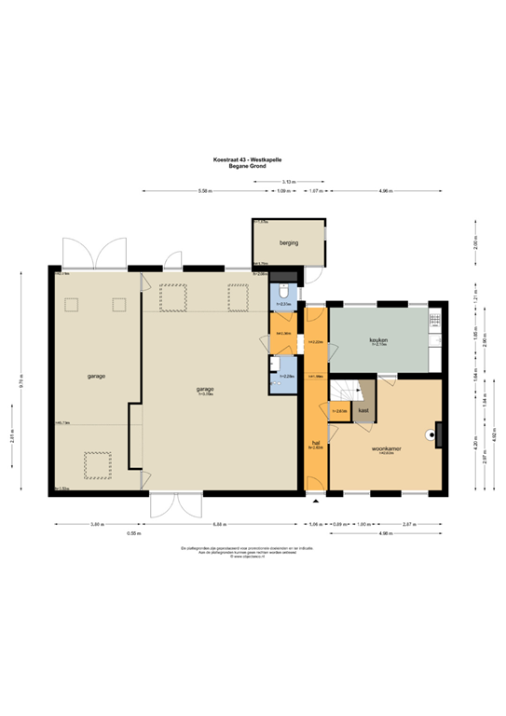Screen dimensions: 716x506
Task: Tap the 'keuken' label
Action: [377, 340]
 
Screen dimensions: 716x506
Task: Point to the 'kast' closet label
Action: [362, 409]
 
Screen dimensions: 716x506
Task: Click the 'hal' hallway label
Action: [317, 442]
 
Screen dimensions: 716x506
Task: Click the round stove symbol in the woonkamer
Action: [432, 433]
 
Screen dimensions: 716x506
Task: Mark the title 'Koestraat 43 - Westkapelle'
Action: [253, 159]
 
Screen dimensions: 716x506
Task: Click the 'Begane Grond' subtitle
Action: [253, 166]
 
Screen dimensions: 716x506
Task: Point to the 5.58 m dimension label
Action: [205, 191]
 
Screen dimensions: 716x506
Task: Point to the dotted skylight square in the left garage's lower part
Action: [96, 462]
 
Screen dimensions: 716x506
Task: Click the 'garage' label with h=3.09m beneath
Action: [205, 389]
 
